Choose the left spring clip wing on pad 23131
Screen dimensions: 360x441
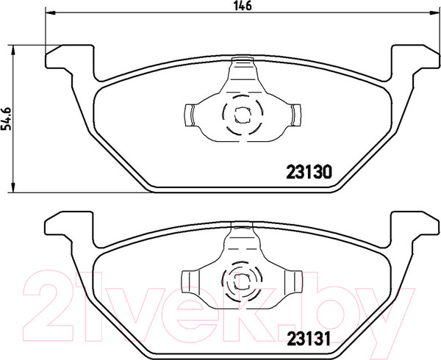click(x=188, y=280)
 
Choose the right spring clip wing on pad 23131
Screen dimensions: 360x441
click(x=295, y=280)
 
